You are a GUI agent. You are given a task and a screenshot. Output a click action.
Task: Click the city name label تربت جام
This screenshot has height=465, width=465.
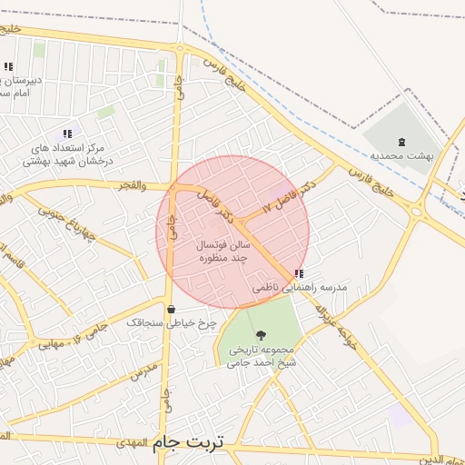[190, 441]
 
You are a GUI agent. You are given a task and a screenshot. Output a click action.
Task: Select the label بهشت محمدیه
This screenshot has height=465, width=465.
[403, 155]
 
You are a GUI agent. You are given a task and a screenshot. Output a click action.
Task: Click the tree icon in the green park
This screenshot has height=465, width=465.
[262, 335]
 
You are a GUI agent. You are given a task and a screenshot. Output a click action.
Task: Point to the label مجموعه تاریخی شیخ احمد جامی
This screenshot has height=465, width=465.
[262, 356]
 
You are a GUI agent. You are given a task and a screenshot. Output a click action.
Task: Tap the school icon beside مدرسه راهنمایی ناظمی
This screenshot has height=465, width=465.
[299, 273]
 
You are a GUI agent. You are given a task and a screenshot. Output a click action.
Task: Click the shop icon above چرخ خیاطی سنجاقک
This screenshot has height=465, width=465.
[171, 309]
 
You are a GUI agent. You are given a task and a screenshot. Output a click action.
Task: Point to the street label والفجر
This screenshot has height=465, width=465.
[131, 185]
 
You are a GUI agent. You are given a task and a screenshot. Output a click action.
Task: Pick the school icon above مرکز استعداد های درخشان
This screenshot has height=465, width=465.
[67, 134]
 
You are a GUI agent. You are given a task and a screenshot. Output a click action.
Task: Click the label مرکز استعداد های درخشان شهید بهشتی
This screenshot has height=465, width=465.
[67, 154]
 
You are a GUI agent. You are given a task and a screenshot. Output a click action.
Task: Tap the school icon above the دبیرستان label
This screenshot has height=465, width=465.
[8, 66]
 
